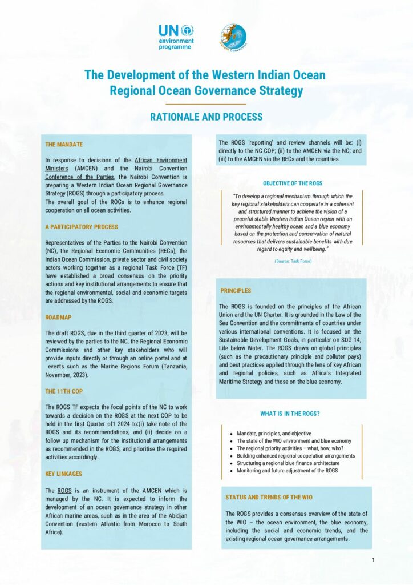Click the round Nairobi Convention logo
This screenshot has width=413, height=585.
click(x=232, y=37)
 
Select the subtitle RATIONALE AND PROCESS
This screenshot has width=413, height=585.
click(x=206, y=117)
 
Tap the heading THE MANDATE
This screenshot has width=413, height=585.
click(x=64, y=145)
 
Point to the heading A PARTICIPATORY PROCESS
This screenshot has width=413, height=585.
click(x=81, y=227)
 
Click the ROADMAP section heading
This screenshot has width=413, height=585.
click(x=58, y=317)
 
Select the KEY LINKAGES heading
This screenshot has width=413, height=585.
click(x=63, y=474)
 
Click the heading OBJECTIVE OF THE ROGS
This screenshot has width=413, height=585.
click(x=293, y=183)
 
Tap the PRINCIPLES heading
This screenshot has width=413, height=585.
click(x=236, y=291)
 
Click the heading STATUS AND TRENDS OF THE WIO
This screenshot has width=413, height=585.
click(x=269, y=497)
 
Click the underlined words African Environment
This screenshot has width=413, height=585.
click(x=161, y=160)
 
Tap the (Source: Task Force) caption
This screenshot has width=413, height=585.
click(x=293, y=261)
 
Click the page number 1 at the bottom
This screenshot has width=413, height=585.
click(x=373, y=560)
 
